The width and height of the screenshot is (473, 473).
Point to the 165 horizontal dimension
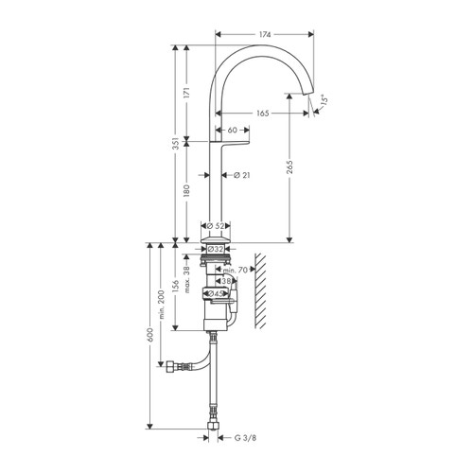(262, 114)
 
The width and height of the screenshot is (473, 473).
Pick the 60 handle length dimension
(232, 129)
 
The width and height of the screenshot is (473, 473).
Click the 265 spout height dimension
(289, 167)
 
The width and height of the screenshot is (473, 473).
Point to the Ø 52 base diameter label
(216, 226)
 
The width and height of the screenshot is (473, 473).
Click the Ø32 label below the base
(216, 250)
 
